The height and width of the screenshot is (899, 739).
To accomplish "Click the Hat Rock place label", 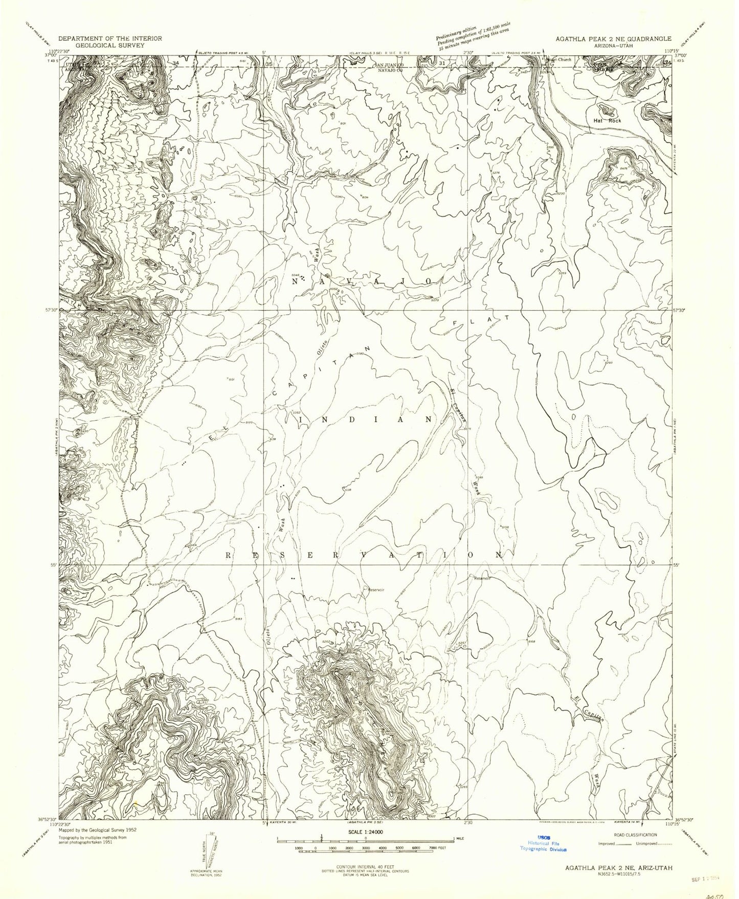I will coord(607,121).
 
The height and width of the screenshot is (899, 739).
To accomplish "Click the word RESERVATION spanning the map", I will coord(364,555).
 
